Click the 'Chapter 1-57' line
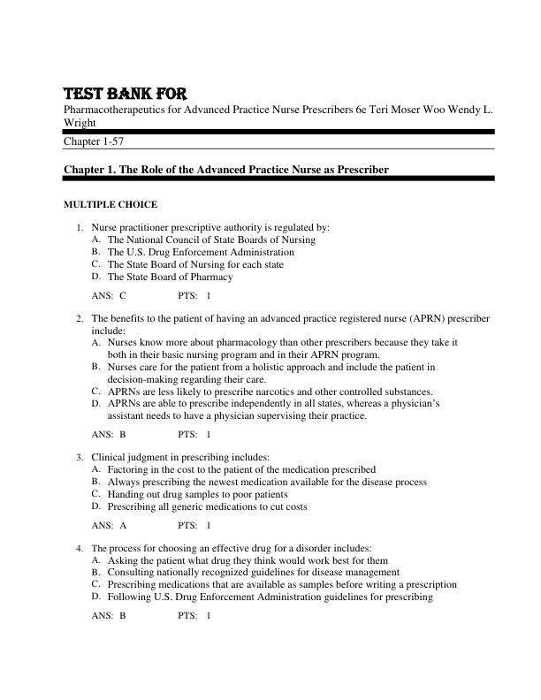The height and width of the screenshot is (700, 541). pyautogui.click(x=98, y=141)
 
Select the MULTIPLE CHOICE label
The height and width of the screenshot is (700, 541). pyautogui.click(x=110, y=205)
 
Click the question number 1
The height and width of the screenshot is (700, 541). pyautogui.click(x=80, y=227)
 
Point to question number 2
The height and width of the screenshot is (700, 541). pyautogui.click(x=80, y=318)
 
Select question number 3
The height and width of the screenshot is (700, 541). pyautogui.click(x=80, y=457)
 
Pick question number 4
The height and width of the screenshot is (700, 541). pyautogui.click(x=80, y=548)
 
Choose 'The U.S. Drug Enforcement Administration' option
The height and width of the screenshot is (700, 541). pyautogui.click(x=201, y=252)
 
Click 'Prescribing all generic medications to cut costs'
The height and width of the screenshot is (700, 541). pyautogui.click(x=208, y=507)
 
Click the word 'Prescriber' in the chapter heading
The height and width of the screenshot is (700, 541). pyautogui.click(x=360, y=169)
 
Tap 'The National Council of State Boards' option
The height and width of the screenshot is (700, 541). pyautogui.click(x=211, y=240)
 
